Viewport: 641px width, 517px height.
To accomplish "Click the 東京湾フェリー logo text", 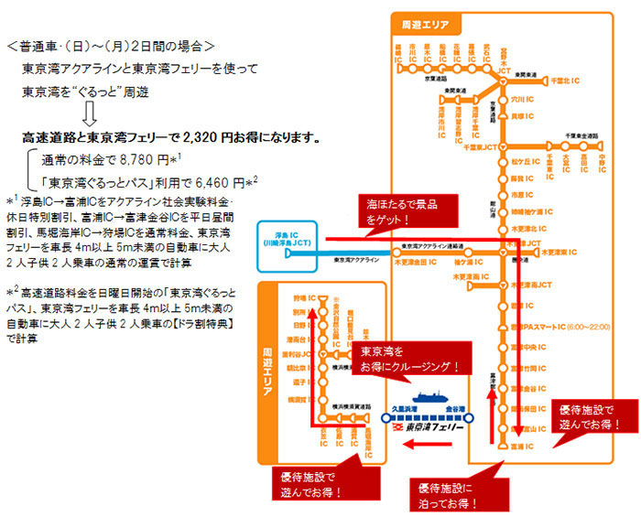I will pyautogui.click(x=434, y=427).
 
